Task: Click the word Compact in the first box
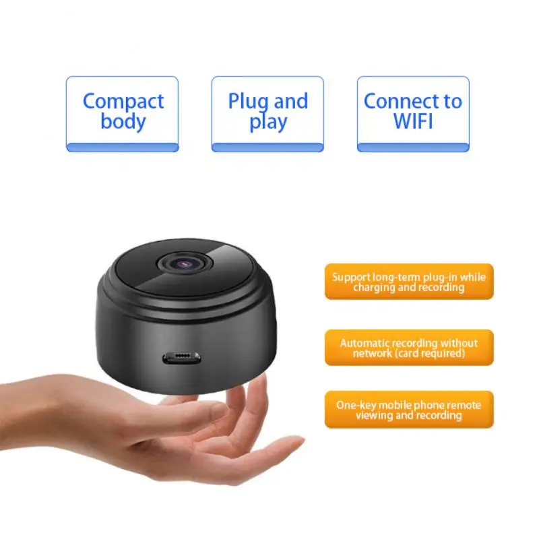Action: point(123,101)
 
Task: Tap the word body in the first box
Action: point(123,121)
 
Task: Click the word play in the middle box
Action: point(267,123)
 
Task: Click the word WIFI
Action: point(412,121)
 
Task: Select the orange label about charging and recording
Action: point(409,282)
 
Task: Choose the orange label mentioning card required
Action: point(409,348)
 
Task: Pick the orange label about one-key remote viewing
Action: point(409,410)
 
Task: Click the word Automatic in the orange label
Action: point(364,343)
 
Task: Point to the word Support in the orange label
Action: point(350,277)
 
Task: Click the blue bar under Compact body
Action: point(122,147)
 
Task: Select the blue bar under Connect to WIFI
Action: point(412,147)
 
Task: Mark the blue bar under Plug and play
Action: point(267,147)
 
